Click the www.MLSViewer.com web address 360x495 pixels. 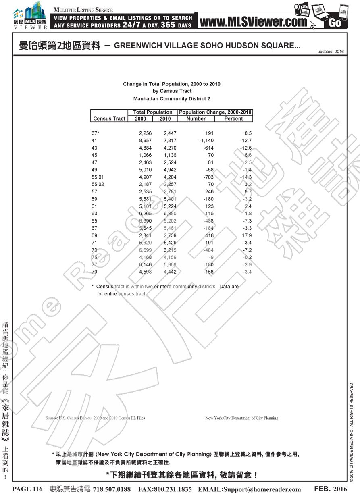[253, 22]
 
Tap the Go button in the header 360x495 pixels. [335, 23]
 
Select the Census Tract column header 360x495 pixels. [109, 119]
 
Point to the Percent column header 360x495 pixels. [233, 119]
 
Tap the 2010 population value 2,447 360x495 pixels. [170, 133]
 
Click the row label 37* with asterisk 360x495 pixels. [96, 133]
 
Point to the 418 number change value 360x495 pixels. [209, 235]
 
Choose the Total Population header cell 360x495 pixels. [153, 112]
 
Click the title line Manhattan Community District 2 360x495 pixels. [171, 98]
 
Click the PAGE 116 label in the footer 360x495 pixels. [27, 489]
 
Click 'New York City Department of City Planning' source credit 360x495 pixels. [241, 418]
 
